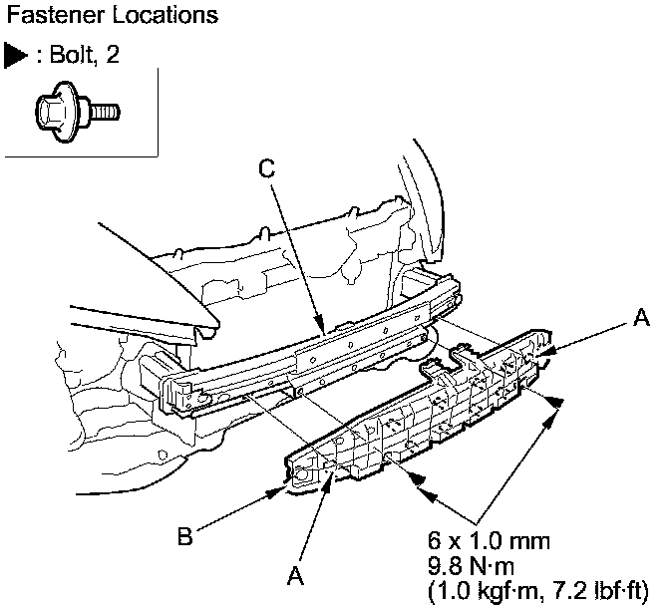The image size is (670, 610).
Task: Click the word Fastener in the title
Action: pos(45,16)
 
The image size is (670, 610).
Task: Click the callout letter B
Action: pos(184,537)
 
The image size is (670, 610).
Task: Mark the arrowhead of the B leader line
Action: pos(276,490)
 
